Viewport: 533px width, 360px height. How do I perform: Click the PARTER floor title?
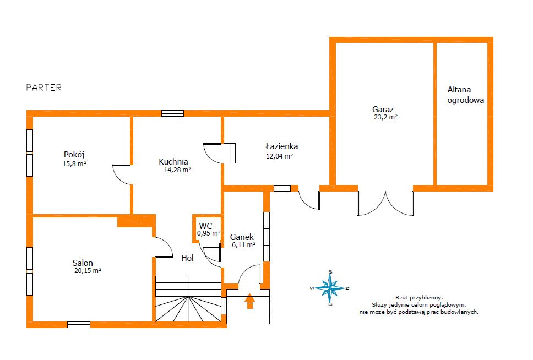pyautogui.click(x=44, y=88)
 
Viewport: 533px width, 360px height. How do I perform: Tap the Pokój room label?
pyautogui.click(x=74, y=155)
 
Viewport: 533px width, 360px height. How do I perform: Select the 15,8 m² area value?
pyautogui.click(x=74, y=164)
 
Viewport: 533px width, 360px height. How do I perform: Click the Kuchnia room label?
pyautogui.click(x=173, y=162)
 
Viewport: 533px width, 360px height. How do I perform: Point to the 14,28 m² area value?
pyautogui.click(x=177, y=170)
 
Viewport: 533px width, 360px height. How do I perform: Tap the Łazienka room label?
pyautogui.click(x=282, y=146)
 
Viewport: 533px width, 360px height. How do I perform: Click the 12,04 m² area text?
pyautogui.click(x=279, y=156)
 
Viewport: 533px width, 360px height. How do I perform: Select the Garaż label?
pyautogui.click(x=383, y=110)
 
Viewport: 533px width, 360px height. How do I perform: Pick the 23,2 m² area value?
pyautogui.click(x=386, y=117)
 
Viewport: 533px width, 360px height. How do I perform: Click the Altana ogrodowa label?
pyautogui.click(x=465, y=95)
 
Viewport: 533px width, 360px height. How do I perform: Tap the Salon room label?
pyautogui.click(x=83, y=263)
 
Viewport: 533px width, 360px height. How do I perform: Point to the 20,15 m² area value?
pyautogui.click(x=88, y=271)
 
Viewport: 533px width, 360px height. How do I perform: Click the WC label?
pyautogui.click(x=205, y=226)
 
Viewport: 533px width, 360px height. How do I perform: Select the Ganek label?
pyautogui.click(x=242, y=237)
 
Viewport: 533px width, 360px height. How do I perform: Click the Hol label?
pyautogui.click(x=187, y=258)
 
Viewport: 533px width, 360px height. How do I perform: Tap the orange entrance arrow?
pyautogui.click(x=250, y=301)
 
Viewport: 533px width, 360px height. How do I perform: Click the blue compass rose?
pyautogui.click(x=330, y=288)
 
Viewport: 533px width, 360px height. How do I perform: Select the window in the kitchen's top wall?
pyautogui.click(x=172, y=113)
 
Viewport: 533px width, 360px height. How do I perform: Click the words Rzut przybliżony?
pyautogui.click(x=419, y=297)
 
